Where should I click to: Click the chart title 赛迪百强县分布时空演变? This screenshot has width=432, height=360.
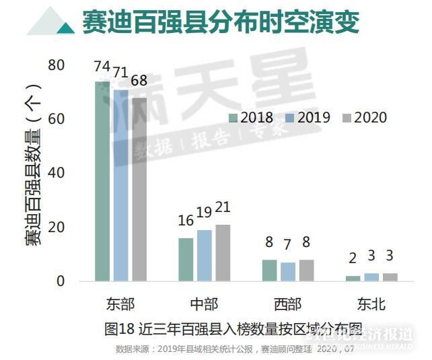point(221,22)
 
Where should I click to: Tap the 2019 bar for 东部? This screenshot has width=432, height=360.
point(120,184)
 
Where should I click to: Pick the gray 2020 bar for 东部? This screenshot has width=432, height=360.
point(139,188)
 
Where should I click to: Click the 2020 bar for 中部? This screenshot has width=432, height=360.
point(223,252)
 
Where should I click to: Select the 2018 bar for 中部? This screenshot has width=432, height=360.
point(186,259)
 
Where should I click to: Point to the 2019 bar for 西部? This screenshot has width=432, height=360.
point(288,271)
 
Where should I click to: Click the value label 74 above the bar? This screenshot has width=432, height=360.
point(102,67)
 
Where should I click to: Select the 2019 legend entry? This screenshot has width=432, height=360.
point(308,118)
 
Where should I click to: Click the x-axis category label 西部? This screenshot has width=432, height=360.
point(288,304)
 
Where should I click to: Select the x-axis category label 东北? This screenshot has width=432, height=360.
point(371,304)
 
